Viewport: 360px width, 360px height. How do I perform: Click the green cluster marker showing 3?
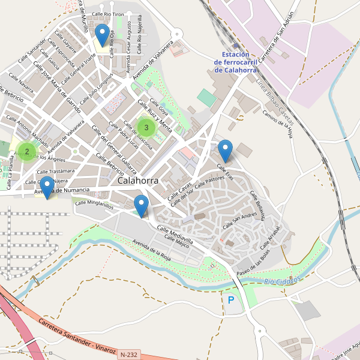(146, 127)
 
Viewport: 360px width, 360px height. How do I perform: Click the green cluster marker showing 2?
(26, 151)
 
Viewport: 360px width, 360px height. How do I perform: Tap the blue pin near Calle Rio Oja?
(103, 34)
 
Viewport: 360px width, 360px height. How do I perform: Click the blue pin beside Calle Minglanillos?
(142, 205)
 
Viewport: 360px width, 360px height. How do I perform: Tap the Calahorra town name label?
(138, 180)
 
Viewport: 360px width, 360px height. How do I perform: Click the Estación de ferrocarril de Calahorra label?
(235, 62)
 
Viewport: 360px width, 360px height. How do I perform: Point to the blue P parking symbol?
(231, 299)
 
